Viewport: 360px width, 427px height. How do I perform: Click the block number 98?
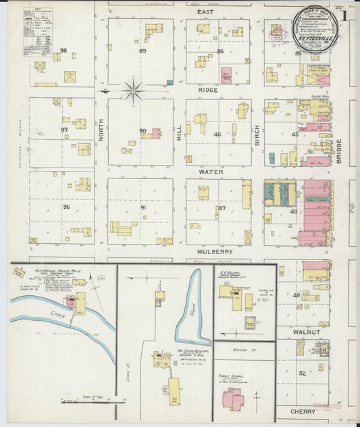(x=63, y=51)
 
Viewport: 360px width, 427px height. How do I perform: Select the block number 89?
(x=143, y=51)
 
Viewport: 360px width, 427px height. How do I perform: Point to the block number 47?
(x=221, y=208)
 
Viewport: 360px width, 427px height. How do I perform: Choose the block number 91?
(x=143, y=208)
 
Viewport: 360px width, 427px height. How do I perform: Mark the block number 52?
(x=302, y=373)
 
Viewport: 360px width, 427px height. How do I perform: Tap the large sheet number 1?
(x=344, y=14)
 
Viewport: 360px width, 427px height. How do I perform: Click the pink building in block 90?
(x=156, y=133)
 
